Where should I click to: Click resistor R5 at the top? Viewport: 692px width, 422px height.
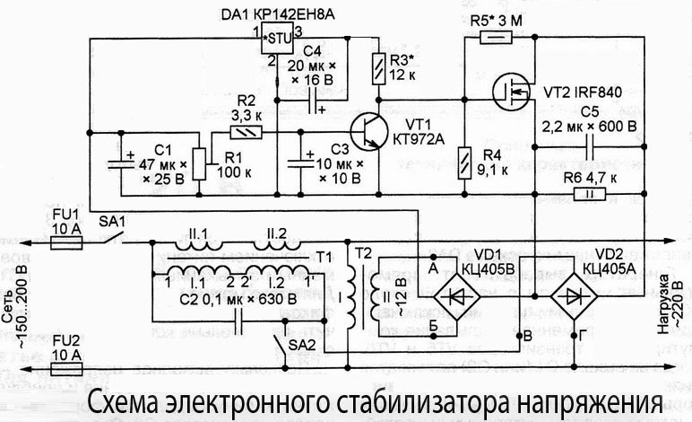pyautogui.click(x=495, y=38)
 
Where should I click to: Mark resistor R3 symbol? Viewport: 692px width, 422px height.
pyautogui.click(x=377, y=67)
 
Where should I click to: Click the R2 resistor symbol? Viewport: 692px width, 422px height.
pyautogui.click(x=246, y=131)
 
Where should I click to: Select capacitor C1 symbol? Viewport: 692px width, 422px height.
pyautogui.click(x=121, y=163)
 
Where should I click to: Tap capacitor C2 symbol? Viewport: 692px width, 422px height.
pyautogui.click(x=238, y=319)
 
